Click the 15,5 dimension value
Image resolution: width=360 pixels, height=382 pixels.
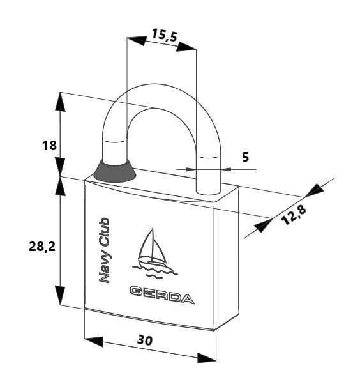coord(164,35)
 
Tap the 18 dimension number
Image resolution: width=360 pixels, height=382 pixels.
coord(49,146)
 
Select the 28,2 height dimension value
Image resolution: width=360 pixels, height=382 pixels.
coord(42,247)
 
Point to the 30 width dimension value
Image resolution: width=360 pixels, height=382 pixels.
coord(145,340)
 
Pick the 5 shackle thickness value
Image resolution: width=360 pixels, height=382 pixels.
coord(246,157)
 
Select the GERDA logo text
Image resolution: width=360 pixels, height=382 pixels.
coord(162,294)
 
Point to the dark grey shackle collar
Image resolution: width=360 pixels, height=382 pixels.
coord(115,171)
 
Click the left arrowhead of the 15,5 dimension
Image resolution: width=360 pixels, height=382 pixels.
coord(137,41)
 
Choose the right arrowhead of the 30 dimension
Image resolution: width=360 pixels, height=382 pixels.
coord(206,358)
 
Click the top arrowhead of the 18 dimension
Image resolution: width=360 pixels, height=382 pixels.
coord(60,102)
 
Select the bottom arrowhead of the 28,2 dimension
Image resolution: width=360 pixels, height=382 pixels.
coord(60,295)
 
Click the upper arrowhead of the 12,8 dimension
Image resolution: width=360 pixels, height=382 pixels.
coord(315,190)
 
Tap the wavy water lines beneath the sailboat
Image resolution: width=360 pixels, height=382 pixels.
coord(155,271)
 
